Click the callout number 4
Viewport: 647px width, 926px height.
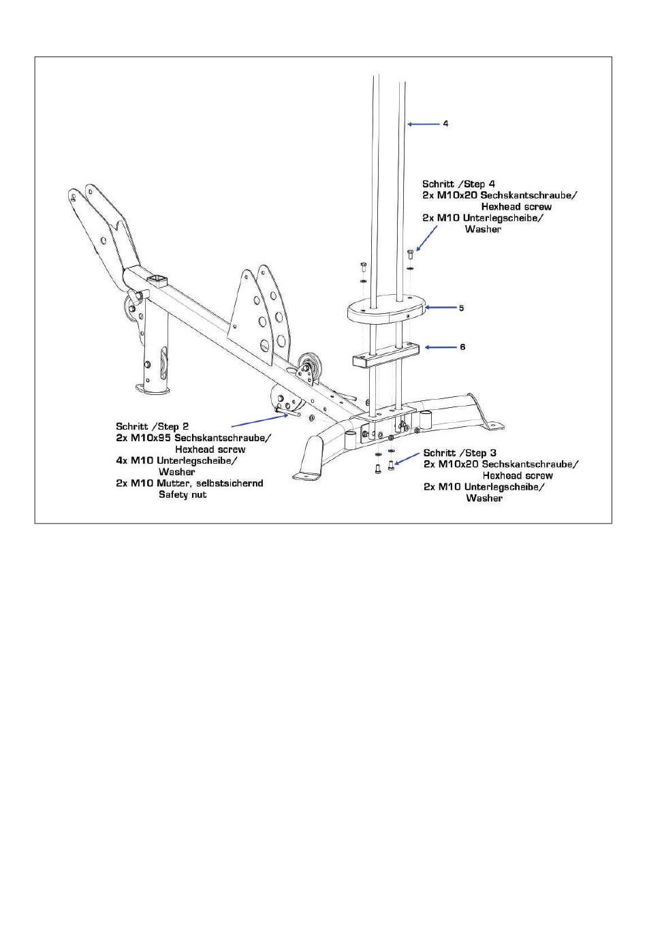pyautogui.click(x=445, y=124)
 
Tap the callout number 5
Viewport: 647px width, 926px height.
pyautogui.click(x=461, y=308)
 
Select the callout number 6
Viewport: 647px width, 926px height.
pyautogui.click(x=462, y=347)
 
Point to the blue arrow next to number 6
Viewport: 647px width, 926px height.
pyautogui.click(x=440, y=347)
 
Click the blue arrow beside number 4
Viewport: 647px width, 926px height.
pyautogui.click(x=423, y=124)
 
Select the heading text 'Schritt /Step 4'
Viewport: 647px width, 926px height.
pyautogui.click(x=458, y=184)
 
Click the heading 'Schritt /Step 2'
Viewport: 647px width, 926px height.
pyautogui.click(x=152, y=426)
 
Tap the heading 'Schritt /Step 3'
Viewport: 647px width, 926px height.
pyautogui.click(x=460, y=453)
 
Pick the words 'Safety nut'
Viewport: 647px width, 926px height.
pyautogui.click(x=183, y=494)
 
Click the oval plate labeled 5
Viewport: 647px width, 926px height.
pyautogui.click(x=387, y=308)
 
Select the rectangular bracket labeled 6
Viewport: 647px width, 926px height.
pyautogui.click(x=385, y=354)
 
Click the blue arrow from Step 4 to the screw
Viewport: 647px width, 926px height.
pyautogui.click(x=426, y=238)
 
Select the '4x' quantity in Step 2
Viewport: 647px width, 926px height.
pyautogui.click(x=121, y=460)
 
